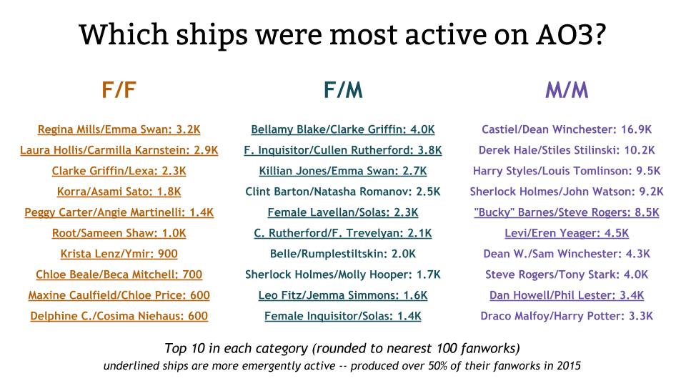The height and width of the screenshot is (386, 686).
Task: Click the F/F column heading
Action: coord(119,90)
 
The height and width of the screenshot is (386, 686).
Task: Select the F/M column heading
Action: coord(342,90)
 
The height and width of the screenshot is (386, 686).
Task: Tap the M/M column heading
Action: coord(567,90)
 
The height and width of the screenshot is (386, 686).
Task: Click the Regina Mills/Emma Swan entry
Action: coord(119,129)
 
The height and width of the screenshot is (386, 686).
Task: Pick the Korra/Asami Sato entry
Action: coord(119,192)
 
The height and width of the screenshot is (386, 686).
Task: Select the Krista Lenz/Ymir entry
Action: coord(119,254)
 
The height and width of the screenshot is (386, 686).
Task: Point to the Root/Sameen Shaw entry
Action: coord(119,233)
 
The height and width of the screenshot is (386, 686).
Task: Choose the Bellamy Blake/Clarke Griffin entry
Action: coord(342,129)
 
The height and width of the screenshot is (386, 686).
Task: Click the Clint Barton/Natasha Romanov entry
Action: coord(342,192)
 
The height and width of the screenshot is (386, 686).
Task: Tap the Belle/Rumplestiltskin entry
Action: coord(342,254)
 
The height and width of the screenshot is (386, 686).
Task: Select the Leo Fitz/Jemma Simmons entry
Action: coord(342,295)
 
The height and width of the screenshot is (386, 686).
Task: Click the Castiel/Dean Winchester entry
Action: coord(567,129)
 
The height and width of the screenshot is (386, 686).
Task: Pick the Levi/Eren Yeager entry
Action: coord(567,233)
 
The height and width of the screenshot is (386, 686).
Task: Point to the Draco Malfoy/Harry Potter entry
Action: coord(567,316)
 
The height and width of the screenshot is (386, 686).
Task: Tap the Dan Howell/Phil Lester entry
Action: coord(567,295)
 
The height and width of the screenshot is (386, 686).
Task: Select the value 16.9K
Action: coord(635,129)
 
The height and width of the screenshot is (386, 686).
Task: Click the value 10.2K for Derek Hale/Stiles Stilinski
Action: coord(639,150)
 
